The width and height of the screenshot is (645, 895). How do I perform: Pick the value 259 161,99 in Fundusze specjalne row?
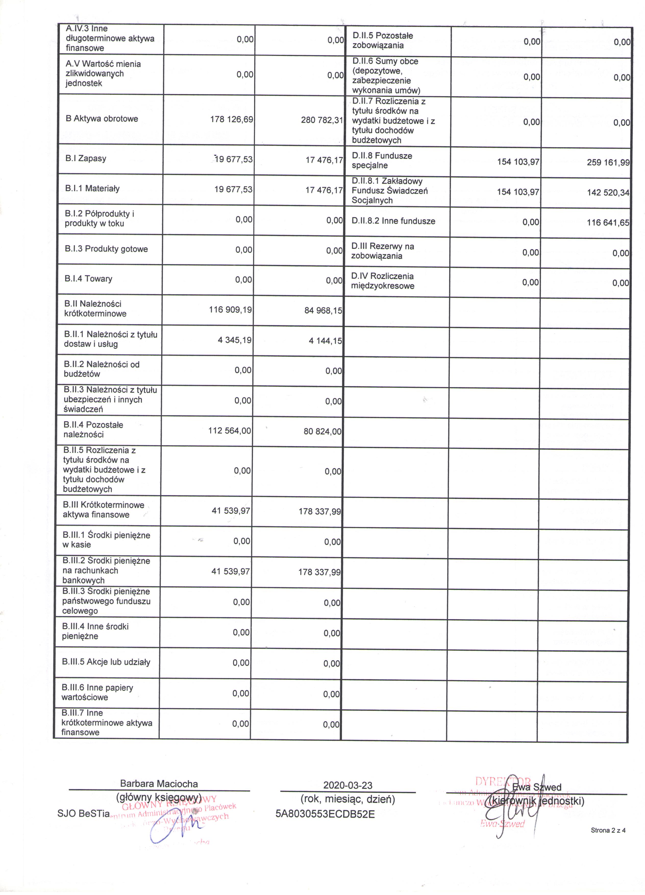click(x=608, y=163)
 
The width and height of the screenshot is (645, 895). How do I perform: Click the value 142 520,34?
click(x=608, y=193)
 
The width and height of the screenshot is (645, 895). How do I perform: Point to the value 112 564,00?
click(x=230, y=431)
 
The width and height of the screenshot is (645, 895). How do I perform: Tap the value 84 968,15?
click(x=323, y=311)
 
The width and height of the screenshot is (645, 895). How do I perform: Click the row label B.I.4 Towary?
click(x=88, y=279)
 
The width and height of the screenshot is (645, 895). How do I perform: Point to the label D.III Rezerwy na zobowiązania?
click(x=382, y=251)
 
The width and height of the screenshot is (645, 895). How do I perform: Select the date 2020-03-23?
click(x=348, y=785)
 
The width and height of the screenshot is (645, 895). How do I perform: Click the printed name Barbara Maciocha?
click(x=159, y=784)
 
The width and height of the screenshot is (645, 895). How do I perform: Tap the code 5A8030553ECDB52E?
click(x=325, y=814)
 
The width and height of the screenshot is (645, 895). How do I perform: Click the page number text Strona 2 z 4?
click(x=608, y=830)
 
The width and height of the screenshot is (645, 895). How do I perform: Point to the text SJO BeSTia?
click(x=83, y=813)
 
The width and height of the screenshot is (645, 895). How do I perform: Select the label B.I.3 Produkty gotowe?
click(x=106, y=249)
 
